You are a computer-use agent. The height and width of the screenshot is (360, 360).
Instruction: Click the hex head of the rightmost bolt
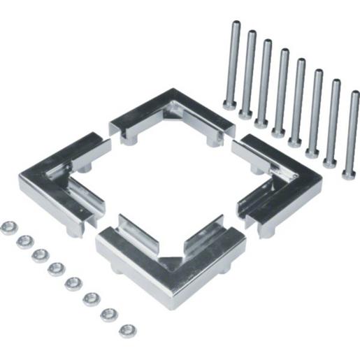349,172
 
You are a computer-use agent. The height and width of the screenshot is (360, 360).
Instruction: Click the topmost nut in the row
9,227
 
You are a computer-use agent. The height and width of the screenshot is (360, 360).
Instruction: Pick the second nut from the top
25,241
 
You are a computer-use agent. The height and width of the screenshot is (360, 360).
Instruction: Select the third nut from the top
41,254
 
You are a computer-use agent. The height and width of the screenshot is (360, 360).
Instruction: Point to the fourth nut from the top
57,268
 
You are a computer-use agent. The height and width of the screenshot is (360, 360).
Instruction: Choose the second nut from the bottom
109,314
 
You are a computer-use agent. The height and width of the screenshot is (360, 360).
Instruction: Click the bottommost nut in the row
127,329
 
